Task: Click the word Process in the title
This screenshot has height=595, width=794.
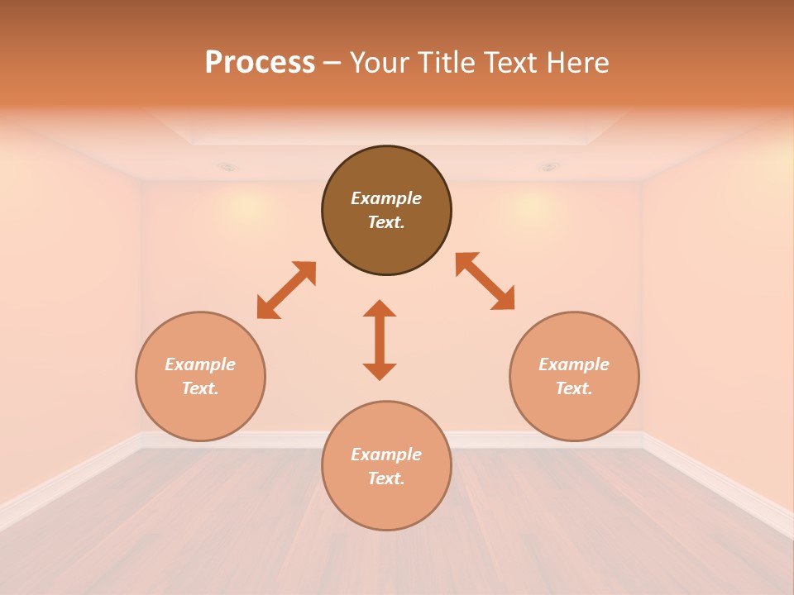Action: click(x=260, y=63)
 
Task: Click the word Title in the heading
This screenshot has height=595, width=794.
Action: click(x=447, y=63)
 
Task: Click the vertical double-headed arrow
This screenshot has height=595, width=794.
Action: click(x=380, y=340)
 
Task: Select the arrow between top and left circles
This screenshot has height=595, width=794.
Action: click(x=286, y=290)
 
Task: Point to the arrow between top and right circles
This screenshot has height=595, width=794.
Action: click(x=485, y=282)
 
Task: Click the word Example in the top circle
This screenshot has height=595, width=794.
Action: click(x=386, y=198)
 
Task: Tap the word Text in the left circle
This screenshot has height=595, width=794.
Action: click(x=200, y=388)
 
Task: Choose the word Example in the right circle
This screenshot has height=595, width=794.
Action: click(x=574, y=364)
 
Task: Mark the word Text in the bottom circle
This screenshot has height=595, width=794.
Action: click(x=386, y=478)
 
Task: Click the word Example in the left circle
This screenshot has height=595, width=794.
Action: click(x=200, y=364)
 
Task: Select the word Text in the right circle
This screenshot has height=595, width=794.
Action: click(x=574, y=388)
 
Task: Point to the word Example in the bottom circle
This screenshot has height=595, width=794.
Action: click(x=386, y=455)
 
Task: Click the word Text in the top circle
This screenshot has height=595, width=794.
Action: click(x=386, y=222)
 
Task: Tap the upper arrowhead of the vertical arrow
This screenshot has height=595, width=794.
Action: click(x=380, y=308)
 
